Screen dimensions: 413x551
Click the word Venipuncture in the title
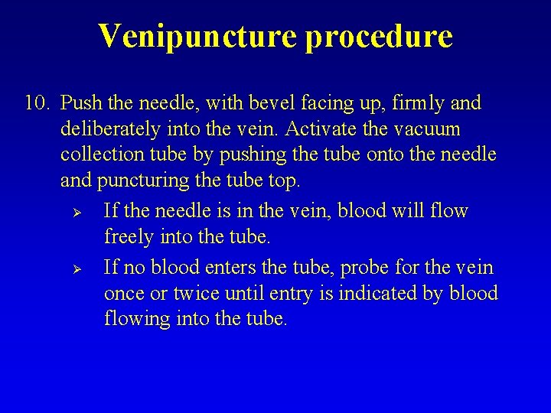pos(198,35)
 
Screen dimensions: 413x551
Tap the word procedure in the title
pos(379,35)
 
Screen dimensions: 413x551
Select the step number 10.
pos(37,103)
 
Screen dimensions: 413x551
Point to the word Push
pos(80,103)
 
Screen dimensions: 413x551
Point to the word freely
pos(129,236)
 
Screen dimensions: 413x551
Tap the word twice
pos(197,294)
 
